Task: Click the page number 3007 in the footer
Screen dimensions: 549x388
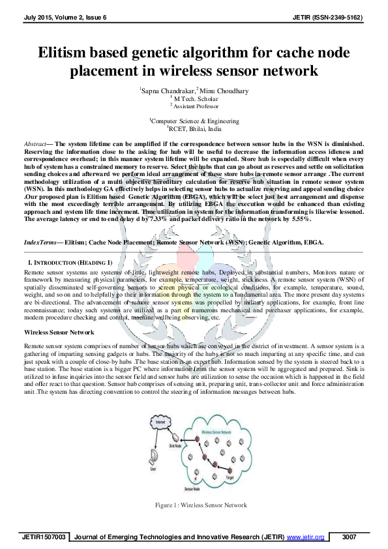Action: (350, 537)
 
